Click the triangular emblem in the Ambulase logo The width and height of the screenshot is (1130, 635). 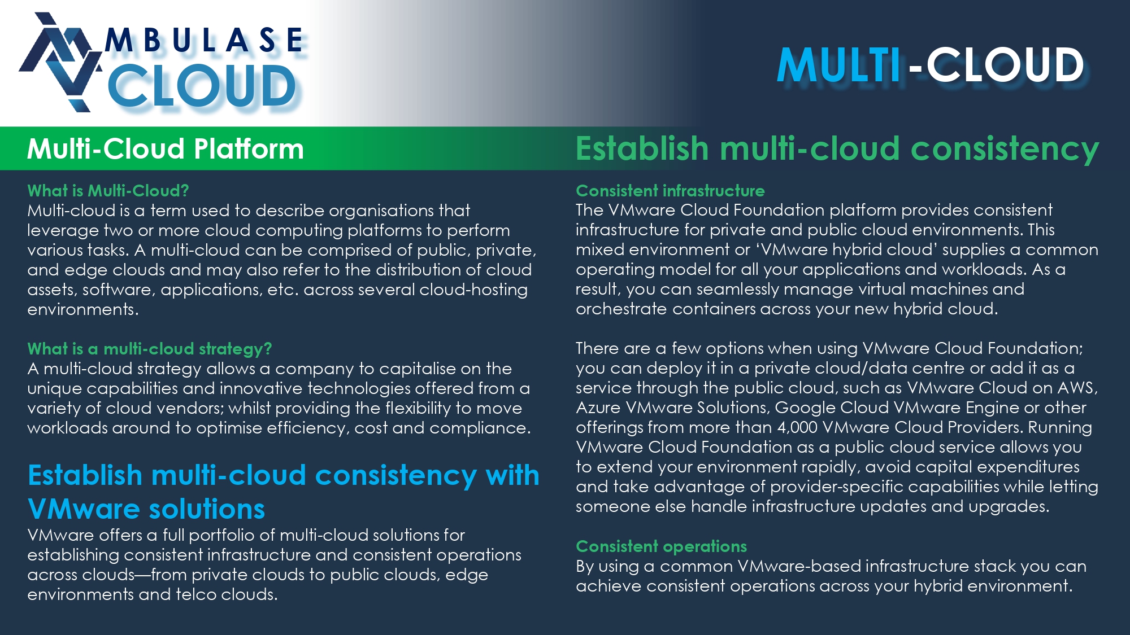click(59, 62)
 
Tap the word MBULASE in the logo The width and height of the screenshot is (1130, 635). click(205, 41)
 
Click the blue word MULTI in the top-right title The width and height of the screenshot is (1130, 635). click(839, 65)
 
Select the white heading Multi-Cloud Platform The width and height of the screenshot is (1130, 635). click(166, 149)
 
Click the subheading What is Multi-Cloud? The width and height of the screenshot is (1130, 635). click(108, 191)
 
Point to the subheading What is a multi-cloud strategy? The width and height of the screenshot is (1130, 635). click(150, 349)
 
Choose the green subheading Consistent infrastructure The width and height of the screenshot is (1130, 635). click(670, 191)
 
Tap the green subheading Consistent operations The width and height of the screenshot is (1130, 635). click(661, 546)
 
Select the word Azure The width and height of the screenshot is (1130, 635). click(598, 408)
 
